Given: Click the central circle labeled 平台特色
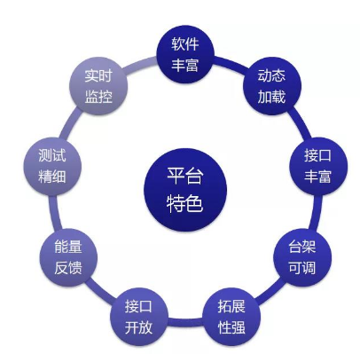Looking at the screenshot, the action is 185,190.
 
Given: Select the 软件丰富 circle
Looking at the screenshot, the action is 185,54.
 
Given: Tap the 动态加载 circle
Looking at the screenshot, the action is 272,86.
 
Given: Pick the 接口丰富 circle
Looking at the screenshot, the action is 318,166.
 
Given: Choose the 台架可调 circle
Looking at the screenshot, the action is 302,257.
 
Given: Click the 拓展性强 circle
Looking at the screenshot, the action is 231,317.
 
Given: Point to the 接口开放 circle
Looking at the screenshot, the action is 139,317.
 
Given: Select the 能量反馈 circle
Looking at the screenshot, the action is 68,257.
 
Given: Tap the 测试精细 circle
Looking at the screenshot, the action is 52,166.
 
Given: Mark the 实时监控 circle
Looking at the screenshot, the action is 98,86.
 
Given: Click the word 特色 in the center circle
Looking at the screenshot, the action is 185,203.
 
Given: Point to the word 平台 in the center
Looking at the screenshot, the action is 185,177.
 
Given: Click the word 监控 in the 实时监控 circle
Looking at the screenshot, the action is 98,97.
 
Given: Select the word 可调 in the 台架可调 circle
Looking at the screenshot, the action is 302,268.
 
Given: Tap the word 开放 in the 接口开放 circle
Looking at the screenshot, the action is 138,327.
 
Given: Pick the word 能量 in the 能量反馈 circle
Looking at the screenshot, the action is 68,247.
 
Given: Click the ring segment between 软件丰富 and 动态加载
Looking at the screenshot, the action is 230,64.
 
